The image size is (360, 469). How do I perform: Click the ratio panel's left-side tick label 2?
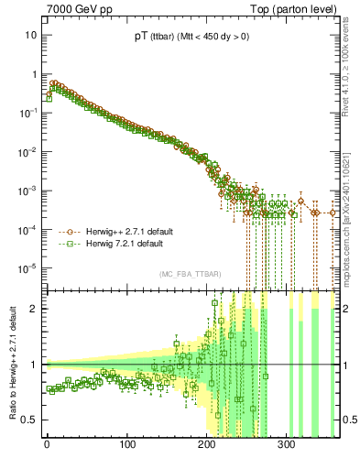coord(33,309)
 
